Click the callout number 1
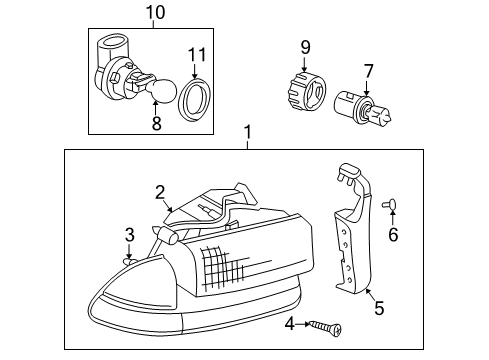(248, 133)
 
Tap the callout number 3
(129, 235)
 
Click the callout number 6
(393, 234)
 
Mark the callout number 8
(155, 125)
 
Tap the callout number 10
(154, 12)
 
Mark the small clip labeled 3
(129, 259)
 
